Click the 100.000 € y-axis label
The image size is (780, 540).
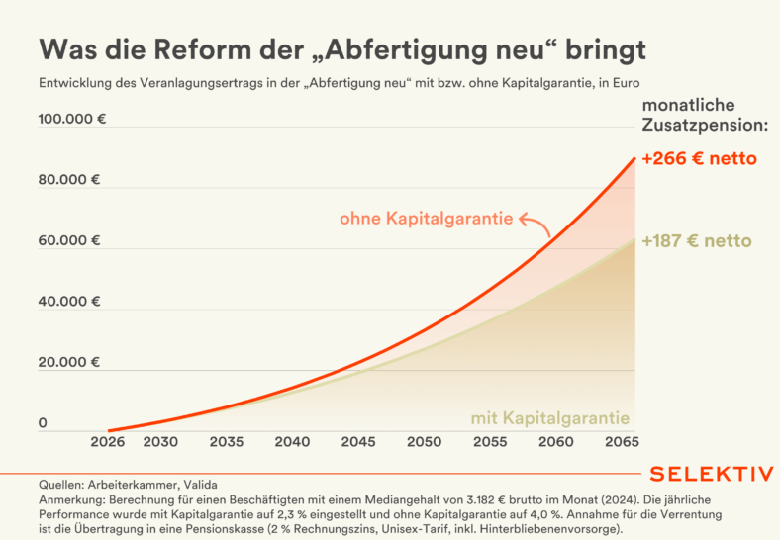[72, 120]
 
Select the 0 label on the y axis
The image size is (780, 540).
[43, 423]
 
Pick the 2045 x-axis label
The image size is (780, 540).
[358, 441]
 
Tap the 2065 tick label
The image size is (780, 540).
[621, 441]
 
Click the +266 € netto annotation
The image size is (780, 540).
[699, 158]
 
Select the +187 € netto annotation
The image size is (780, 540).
[696, 240]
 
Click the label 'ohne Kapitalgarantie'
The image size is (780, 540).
[426, 219]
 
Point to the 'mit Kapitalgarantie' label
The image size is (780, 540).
[549, 417]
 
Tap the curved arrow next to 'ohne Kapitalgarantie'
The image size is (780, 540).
[536, 225]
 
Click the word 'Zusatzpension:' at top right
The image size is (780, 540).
[706, 126]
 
